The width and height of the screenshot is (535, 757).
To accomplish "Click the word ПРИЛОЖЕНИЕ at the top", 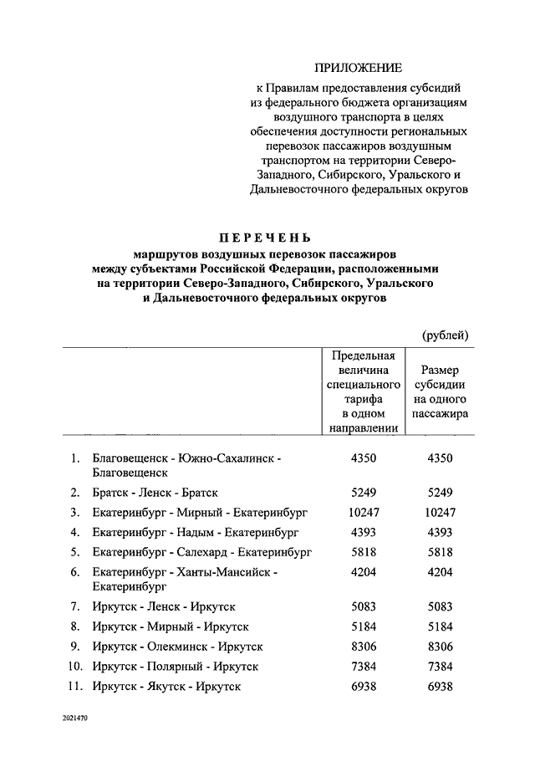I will [358, 67].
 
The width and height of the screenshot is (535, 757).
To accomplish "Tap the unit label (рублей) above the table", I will [445, 335].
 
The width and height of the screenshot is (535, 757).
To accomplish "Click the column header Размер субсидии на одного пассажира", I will [440, 391].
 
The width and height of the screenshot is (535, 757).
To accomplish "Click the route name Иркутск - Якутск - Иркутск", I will [167, 686].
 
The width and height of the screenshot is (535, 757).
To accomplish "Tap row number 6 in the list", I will [75, 572].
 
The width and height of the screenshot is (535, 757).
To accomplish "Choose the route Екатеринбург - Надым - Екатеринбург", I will [196, 532].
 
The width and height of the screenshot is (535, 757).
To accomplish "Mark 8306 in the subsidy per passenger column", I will [440, 647].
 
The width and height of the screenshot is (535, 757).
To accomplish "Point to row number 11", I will [74, 686].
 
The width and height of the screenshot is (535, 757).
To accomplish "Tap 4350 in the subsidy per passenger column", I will [440, 458].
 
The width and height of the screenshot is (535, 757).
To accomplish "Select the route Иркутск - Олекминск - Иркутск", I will [178, 647].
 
